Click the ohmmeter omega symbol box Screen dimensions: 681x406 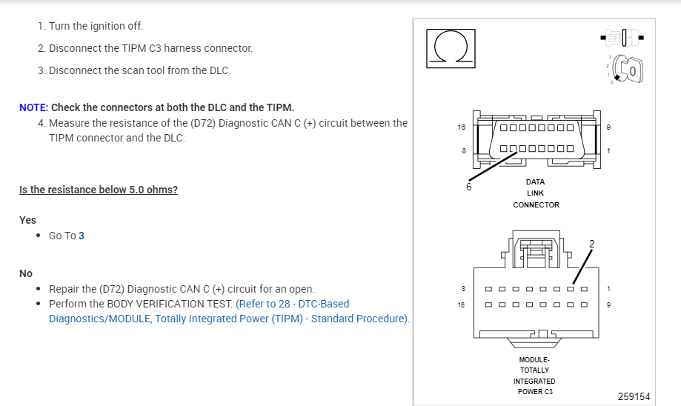point(450,49)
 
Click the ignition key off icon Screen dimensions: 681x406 point(628,70)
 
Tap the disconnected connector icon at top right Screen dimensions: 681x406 point(624,36)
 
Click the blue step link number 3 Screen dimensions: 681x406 point(82,236)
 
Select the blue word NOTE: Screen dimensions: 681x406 point(33,107)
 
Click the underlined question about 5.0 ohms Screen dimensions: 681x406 point(99,190)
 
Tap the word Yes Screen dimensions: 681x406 point(27,220)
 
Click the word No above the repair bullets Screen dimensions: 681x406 point(26,273)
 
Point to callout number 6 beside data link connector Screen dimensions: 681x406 point(468,187)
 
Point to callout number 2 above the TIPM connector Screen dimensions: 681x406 point(591,244)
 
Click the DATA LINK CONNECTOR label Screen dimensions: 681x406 point(536,193)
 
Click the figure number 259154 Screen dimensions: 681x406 point(634,396)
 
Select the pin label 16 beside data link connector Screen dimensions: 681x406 point(462,127)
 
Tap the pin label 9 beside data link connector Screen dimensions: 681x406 point(608,127)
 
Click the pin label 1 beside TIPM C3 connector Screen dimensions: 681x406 point(608,288)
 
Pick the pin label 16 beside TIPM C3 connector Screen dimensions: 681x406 point(462,304)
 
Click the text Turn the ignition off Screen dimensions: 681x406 point(96,26)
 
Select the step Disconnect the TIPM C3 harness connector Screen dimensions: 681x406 point(150,48)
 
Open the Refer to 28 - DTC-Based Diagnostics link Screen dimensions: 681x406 point(292,304)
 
